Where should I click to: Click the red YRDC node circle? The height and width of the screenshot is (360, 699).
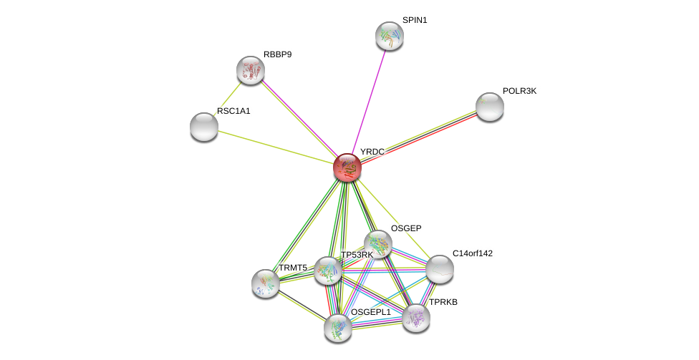point(347,167)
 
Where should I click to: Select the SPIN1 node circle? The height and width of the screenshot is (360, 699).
point(390,36)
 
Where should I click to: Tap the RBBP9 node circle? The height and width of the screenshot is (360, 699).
point(251,70)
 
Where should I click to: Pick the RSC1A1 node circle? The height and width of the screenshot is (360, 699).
point(204,127)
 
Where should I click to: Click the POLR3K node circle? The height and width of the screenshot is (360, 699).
point(490,107)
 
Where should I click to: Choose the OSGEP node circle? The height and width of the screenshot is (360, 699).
point(378,244)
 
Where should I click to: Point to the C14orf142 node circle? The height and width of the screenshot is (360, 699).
point(440,269)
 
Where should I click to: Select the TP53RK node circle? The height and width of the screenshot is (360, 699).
point(328,271)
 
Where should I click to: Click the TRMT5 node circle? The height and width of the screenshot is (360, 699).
point(266,283)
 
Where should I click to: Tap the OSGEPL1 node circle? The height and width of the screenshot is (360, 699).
point(338,328)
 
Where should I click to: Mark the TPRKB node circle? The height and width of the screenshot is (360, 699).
point(416,318)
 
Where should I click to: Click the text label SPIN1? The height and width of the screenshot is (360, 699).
point(414,20)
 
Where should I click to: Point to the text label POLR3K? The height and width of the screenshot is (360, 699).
point(519,91)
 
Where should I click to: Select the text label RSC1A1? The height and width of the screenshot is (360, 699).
point(233,111)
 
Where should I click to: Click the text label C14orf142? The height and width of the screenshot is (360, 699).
point(472,253)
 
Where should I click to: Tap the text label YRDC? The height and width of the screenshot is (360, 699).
point(372,152)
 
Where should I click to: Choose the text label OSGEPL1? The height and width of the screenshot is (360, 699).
point(370,312)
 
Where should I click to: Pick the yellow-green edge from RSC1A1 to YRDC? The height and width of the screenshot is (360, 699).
point(276,147)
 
